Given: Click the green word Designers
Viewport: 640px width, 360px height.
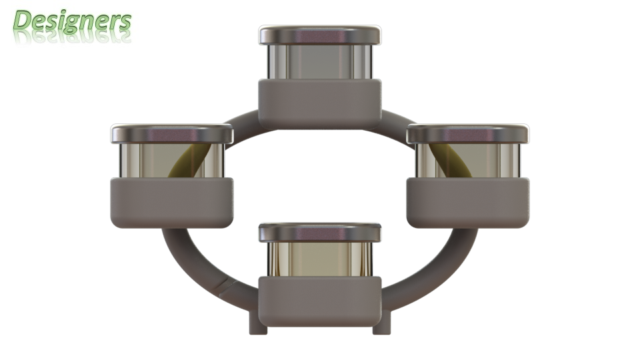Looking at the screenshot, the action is [x=72, y=21].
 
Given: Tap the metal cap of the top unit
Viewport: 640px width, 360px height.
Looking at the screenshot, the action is [x=320, y=35].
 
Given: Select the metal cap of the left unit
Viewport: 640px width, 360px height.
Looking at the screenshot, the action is [x=172, y=134].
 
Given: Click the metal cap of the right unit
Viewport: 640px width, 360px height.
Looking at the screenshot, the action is [x=468, y=134].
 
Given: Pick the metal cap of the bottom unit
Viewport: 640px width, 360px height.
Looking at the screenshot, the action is [x=320, y=233].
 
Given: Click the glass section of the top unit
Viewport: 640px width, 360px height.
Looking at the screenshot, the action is [x=320, y=62].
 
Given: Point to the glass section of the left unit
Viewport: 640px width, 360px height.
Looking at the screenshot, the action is [x=172, y=161].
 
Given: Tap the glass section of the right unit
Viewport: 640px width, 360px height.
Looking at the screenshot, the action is [x=468, y=161].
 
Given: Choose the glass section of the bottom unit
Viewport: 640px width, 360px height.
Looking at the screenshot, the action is [x=320, y=259].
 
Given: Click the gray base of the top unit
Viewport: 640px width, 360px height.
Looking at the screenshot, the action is [x=320, y=104].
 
